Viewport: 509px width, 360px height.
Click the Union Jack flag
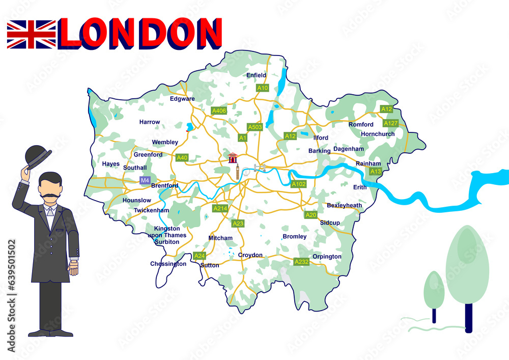[31, 34]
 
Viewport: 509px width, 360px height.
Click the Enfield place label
[256, 75]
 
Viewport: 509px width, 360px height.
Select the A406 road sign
[219, 110]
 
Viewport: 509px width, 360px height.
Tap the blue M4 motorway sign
[145, 180]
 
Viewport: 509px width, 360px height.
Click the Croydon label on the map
[250, 255]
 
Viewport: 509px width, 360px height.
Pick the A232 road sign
[302, 262]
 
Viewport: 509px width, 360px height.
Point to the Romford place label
[361, 124]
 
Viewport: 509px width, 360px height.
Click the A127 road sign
[391, 123]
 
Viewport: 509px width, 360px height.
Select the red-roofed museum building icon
[233, 157]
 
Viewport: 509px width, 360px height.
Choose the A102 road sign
[299, 184]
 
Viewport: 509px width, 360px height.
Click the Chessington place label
[168, 264]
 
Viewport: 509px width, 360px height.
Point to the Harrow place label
[150, 122]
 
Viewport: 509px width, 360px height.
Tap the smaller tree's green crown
[434, 289]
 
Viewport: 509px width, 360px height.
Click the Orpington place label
[327, 256]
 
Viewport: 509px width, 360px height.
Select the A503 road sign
[254, 127]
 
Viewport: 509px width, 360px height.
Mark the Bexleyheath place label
[344, 205]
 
